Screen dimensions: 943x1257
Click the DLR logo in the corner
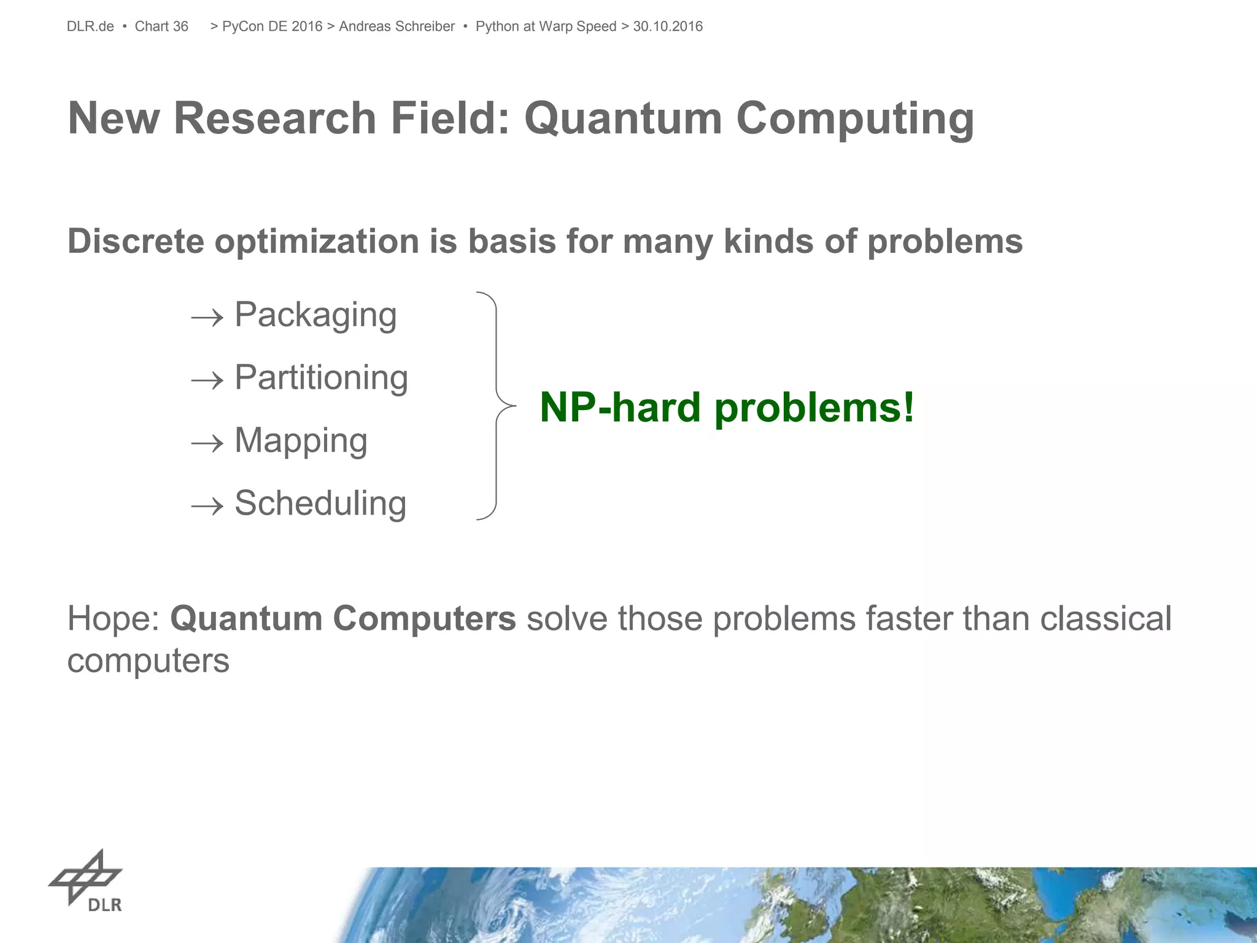point(86,882)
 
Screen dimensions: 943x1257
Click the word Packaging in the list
point(315,316)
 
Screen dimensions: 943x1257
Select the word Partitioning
point(321,378)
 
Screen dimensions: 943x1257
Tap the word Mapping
point(301,441)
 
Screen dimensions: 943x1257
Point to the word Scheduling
point(320,503)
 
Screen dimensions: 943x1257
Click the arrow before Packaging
point(207,318)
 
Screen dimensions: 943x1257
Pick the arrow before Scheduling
point(207,506)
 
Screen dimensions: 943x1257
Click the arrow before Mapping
point(207,443)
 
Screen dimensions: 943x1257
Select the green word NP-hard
point(620,407)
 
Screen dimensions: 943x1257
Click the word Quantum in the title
point(622,118)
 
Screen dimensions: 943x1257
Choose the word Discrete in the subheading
point(136,241)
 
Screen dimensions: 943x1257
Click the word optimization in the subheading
point(316,242)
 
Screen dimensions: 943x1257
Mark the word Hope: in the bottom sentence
point(114,619)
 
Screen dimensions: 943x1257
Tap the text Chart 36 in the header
point(161,26)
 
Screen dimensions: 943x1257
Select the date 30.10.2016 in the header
point(668,26)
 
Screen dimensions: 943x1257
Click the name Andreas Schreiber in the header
point(396,26)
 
